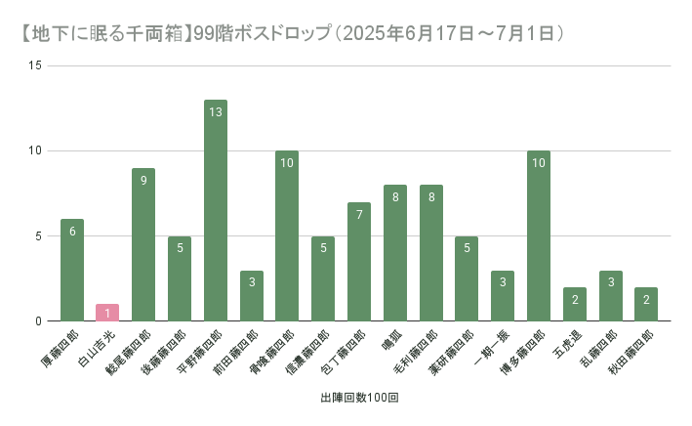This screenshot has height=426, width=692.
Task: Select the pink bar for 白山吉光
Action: tap(107, 313)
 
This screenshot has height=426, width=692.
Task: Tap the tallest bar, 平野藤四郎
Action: tap(216, 210)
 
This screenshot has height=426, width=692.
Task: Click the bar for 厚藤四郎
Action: tap(72, 270)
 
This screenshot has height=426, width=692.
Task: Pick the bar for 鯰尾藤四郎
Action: tap(143, 244)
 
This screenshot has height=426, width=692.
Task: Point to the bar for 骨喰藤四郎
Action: tap(287, 235)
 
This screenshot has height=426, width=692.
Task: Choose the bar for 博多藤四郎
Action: tap(539, 235)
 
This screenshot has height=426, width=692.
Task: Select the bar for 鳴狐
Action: tap(395, 253)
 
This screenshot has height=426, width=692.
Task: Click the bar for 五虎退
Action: tap(575, 304)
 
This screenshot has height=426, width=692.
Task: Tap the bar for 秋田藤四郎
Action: tap(646, 304)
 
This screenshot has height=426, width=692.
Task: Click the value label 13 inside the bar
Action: tap(216, 112)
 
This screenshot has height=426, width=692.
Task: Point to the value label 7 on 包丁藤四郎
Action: tap(359, 215)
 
